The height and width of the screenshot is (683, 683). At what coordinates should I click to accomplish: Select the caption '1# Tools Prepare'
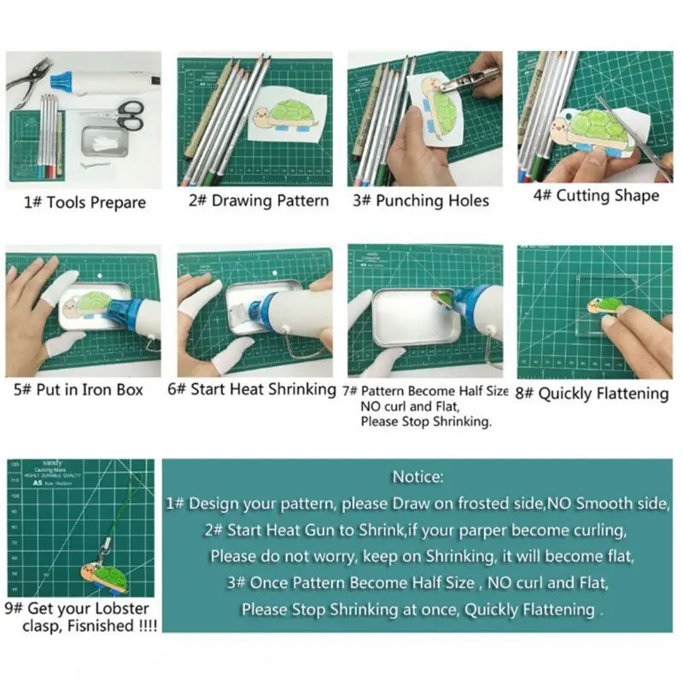85,203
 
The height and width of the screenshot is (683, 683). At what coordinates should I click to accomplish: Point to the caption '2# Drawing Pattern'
258,201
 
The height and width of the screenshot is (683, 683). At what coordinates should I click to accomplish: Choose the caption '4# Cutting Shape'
596,196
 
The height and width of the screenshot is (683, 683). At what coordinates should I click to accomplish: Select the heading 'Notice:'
417,476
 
